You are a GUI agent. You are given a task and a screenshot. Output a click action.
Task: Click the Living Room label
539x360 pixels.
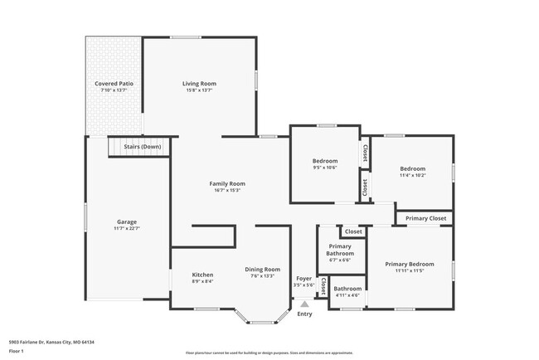[x=199, y=83]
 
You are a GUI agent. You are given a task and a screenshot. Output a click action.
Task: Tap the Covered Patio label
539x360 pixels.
[x=114, y=84]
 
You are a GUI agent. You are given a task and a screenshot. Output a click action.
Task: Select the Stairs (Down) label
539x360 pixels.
[x=143, y=147]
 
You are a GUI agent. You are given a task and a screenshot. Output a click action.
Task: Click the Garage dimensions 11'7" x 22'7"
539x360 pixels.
[x=127, y=229]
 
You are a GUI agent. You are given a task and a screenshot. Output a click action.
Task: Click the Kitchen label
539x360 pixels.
[x=203, y=275]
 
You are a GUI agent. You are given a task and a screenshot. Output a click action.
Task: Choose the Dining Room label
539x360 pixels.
[x=262, y=269]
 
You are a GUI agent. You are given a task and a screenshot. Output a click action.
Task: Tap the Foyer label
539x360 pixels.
[x=304, y=278]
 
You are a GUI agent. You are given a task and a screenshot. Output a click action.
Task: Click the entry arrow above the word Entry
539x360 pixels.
[x=304, y=304]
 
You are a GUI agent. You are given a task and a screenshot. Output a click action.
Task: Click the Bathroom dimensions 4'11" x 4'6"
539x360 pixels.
[x=347, y=295]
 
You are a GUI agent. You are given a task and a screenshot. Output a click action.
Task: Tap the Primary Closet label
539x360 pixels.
[x=426, y=218]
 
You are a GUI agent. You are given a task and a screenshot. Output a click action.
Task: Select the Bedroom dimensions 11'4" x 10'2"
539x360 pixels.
[x=412, y=175]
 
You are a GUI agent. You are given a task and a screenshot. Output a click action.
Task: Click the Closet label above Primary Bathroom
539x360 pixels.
[x=353, y=231]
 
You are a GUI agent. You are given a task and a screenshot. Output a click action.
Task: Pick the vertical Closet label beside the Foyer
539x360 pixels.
[x=323, y=286]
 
